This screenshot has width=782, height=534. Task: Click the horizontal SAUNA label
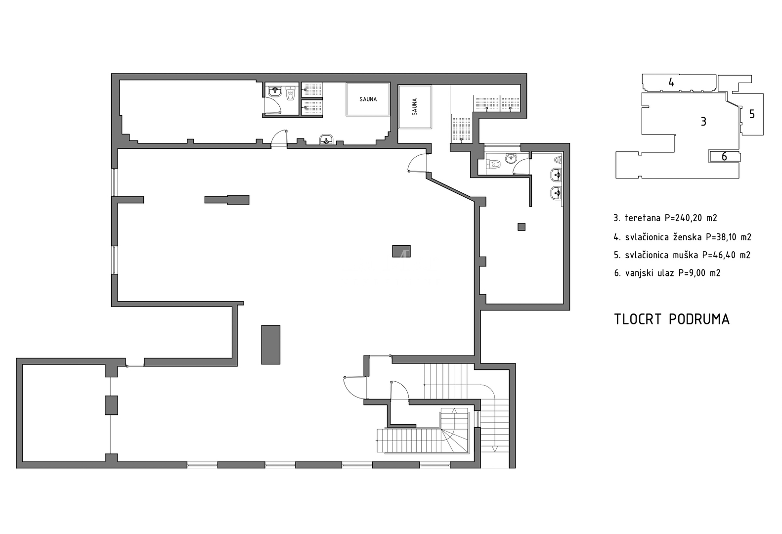pos(368,99)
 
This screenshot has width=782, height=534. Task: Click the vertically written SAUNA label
pos(414,107)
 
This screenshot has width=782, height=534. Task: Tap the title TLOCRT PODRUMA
pos(672,319)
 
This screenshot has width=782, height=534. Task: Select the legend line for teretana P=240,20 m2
pos(665,218)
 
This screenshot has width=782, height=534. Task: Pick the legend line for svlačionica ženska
pos(683,237)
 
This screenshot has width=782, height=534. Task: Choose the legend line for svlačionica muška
pos(682,255)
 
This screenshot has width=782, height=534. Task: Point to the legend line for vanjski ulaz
pos(667,273)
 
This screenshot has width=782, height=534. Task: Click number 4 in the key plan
pos(671,83)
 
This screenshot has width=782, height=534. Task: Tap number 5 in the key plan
pos(752,114)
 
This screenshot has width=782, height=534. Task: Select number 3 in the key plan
pos(703,122)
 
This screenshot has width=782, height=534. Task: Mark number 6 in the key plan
pos(724,156)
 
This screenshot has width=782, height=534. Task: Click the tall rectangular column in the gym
pos(270,345)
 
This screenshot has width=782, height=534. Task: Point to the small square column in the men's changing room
pos(521,226)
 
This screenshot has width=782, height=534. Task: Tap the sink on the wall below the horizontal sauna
pos(326,140)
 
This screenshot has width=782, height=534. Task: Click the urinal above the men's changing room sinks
pos(558,160)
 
